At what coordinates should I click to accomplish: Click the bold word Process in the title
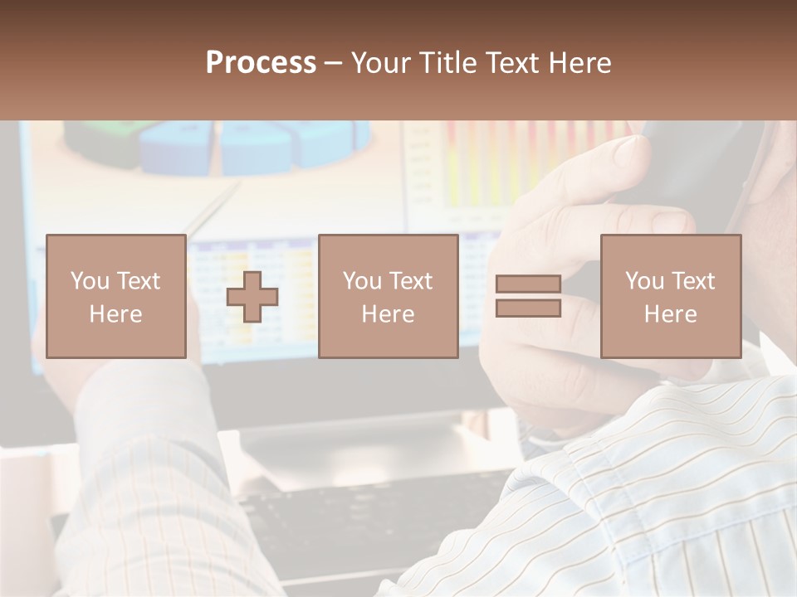[x=261, y=63]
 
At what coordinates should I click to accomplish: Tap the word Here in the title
[x=580, y=63]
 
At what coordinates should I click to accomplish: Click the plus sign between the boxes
[x=252, y=297]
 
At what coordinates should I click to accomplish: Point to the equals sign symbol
[x=528, y=296]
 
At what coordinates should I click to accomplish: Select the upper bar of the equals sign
[x=528, y=284]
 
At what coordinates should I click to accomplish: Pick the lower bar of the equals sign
[x=528, y=308]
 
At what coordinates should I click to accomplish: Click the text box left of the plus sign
[x=116, y=296]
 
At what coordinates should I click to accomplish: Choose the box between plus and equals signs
[x=388, y=296]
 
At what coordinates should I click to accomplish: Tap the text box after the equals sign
[x=671, y=296]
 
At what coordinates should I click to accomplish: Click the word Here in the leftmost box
[x=116, y=313]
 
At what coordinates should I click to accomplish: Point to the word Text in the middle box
[x=411, y=281]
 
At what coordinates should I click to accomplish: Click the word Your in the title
[x=380, y=63]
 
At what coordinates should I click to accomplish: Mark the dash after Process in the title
[x=334, y=63]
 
